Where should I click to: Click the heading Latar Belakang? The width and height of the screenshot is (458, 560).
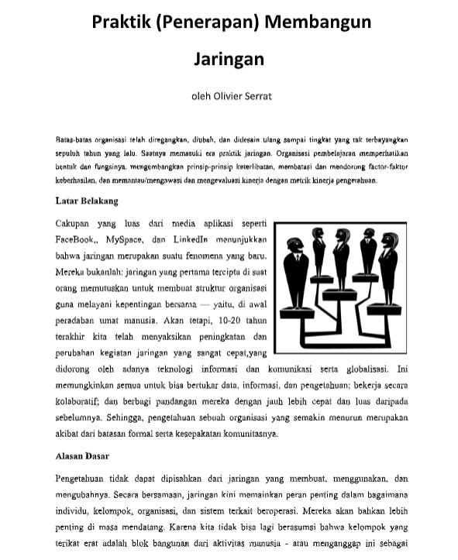tap(87, 201)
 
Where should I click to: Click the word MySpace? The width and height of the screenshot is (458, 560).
tap(129, 239)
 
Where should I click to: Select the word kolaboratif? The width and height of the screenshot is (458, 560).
tap(81, 401)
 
